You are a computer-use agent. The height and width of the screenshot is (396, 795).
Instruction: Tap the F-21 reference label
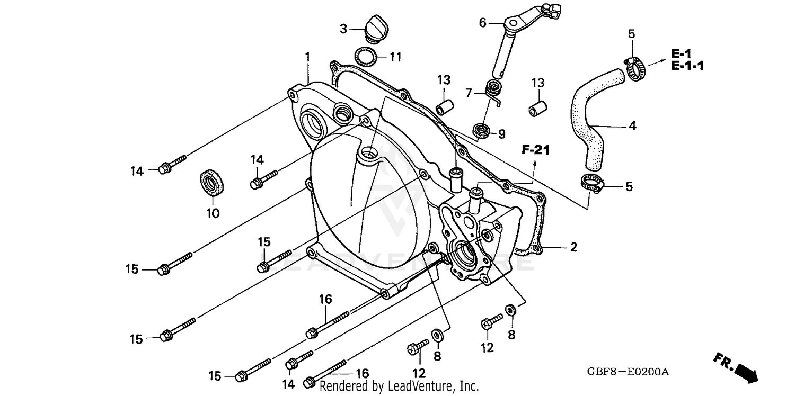(x=535, y=150)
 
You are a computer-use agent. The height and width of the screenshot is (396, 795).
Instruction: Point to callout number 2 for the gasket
(x=573, y=247)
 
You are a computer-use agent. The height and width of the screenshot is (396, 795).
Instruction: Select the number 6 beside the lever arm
(x=482, y=23)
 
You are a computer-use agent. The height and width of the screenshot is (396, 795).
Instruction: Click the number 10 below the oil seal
(x=213, y=213)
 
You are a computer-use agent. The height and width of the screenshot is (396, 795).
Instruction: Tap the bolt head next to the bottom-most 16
(x=310, y=382)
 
